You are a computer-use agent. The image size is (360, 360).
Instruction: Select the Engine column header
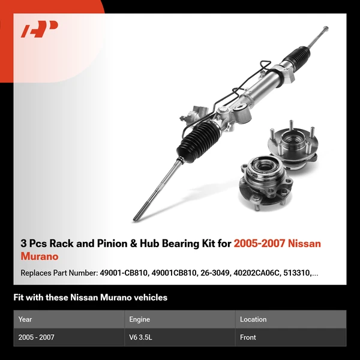coord(139,319)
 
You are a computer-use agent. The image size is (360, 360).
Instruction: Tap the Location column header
coord(253,319)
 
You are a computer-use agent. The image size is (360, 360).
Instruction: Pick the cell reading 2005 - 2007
coord(36,337)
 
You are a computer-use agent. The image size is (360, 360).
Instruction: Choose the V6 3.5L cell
coord(142,337)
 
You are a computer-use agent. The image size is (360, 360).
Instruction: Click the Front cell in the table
coord(248,337)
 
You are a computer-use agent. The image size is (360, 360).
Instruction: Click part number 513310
coord(299,273)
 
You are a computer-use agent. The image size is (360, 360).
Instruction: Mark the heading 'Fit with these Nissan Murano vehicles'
coord(90,298)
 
